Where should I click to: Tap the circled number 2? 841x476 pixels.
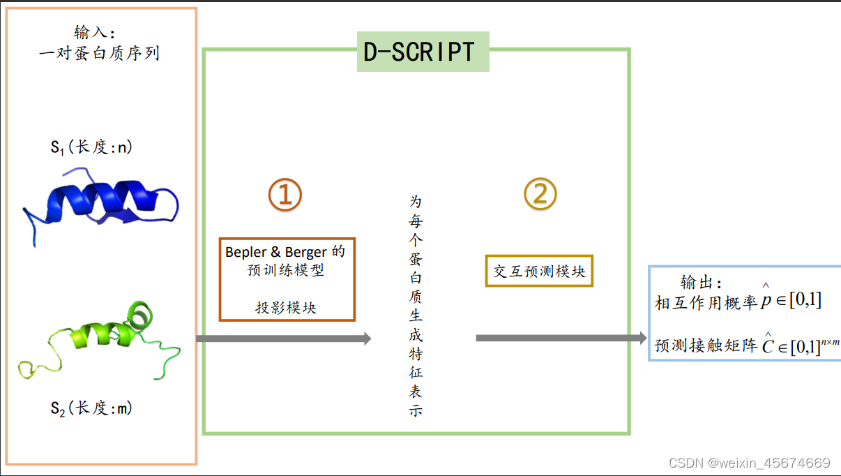pos(540,195)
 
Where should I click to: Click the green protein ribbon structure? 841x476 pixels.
pos(105,336)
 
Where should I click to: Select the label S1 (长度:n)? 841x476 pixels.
pos(91,148)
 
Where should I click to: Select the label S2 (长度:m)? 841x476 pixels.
pos(91,408)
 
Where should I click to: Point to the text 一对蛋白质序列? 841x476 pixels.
pos(100,53)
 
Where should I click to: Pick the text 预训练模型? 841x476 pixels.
pos(287,270)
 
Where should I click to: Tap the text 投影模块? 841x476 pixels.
pos(286,307)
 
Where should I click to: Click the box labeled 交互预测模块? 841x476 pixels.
pos(539,272)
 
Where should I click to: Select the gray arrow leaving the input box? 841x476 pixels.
pos(283,339)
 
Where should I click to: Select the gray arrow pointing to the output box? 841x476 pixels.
pos(561,339)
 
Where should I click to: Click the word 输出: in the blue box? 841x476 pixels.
pos(702,283)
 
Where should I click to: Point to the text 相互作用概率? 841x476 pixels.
pos(706,302)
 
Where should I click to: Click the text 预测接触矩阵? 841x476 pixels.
pos(706,345)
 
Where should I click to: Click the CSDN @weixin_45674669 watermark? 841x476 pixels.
pos(749,463)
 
